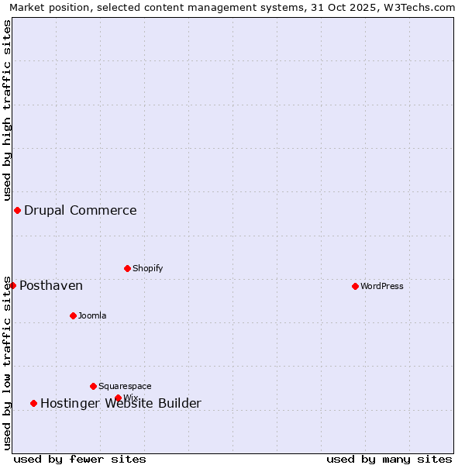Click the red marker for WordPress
point(355,286)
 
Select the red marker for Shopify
point(127,268)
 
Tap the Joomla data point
point(73,315)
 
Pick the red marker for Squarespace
point(93,386)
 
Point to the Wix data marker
point(118,398)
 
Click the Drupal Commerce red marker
point(17,210)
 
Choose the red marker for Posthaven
point(12,285)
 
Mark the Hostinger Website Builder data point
point(33,403)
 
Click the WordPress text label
point(382,286)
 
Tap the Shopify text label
point(148,268)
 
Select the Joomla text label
point(92,315)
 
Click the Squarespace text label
point(125,386)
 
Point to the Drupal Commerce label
point(81,210)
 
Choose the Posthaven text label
point(51,286)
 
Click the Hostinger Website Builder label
point(121,403)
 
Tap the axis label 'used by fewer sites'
point(80,459)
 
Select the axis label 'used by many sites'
point(389,459)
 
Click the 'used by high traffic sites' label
point(7,110)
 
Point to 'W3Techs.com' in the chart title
point(422,7)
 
